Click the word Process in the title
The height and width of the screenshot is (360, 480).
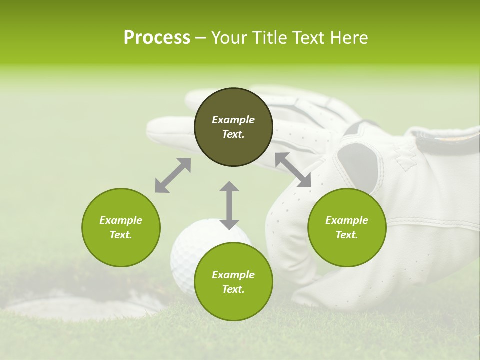[x=157, y=37]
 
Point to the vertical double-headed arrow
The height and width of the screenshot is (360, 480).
[x=229, y=205]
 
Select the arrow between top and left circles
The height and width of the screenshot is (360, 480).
[x=173, y=175]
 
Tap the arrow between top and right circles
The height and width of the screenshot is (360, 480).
[x=293, y=170]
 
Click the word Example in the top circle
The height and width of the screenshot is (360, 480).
[x=233, y=120]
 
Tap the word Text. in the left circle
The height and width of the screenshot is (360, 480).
[x=121, y=235]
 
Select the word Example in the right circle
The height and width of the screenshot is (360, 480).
[x=347, y=220]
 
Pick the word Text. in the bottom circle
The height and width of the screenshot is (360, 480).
[x=233, y=289]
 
